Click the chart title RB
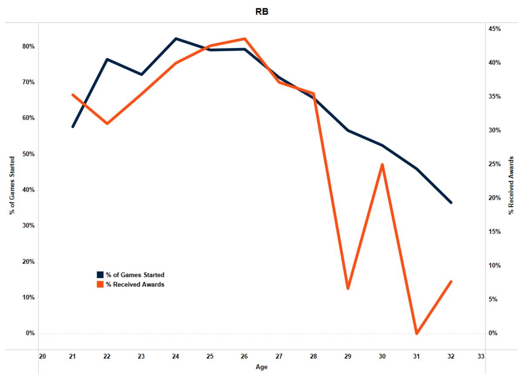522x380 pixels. (262, 12)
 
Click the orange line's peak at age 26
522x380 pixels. (244, 39)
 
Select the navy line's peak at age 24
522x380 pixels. (176, 39)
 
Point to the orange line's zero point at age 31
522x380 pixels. (416, 333)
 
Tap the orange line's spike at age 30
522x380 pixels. (382, 165)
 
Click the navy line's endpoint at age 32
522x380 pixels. (451, 202)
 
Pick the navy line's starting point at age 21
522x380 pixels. (73, 126)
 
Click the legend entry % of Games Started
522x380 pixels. (135, 275)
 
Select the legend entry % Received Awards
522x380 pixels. (135, 284)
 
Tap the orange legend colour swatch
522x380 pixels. (100, 284)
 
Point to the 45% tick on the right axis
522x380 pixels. (495, 29)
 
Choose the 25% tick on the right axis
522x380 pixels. (495, 164)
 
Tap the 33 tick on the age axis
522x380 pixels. (481, 357)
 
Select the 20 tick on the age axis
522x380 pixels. (42, 357)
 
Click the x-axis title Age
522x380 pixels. (262, 367)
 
